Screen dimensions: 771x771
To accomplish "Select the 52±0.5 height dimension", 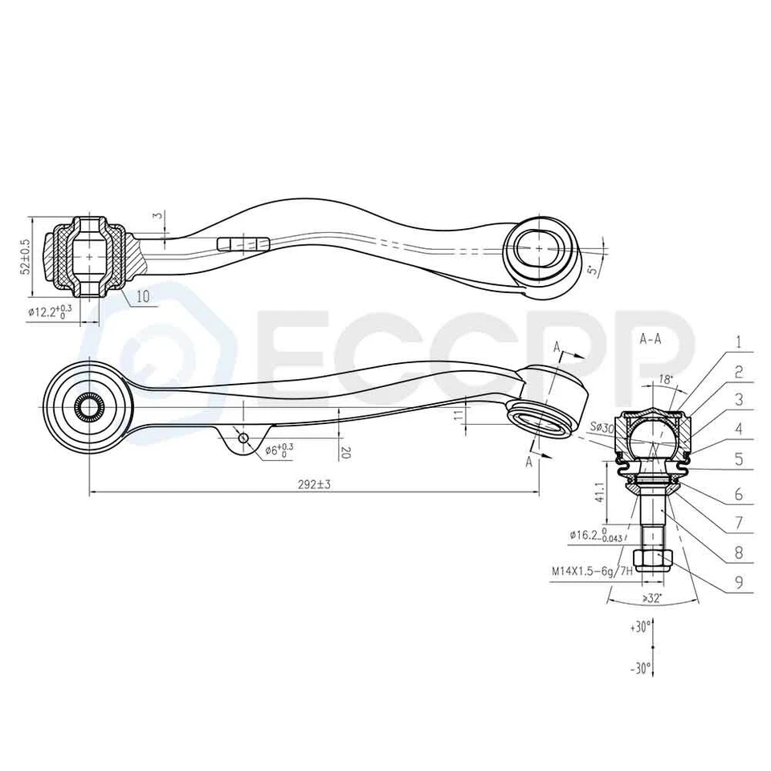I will tap(25, 256).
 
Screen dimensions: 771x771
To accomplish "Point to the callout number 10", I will tap(141, 296).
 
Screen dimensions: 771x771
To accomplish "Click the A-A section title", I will tap(650, 339).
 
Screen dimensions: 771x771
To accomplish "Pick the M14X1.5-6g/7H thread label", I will tap(590, 573).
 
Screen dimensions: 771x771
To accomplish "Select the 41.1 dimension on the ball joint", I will tap(598, 492).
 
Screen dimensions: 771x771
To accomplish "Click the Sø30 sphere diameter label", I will tap(602, 428).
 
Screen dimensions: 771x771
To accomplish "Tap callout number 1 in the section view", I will tap(737, 342).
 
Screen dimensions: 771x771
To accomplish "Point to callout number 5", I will tap(737, 462).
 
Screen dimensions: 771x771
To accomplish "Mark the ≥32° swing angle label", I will tap(652, 598).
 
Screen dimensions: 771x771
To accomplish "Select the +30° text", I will tap(639, 628).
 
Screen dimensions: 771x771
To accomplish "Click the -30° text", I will tap(639, 667).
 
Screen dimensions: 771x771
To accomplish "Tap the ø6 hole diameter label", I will tap(279, 451).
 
